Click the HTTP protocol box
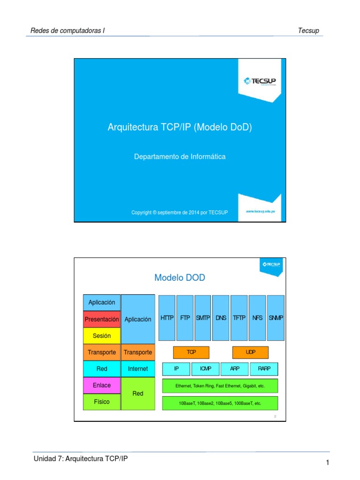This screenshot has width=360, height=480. [x=167, y=317]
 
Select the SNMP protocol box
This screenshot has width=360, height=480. [x=276, y=317]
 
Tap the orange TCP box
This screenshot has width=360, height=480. [x=191, y=352]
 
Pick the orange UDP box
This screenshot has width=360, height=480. [x=250, y=352]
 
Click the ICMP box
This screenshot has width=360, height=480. [x=205, y=369]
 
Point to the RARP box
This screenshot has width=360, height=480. [x=264, y=369]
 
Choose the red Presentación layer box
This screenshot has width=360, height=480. [x=102, y=319]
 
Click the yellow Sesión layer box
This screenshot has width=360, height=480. [x=102, y=336]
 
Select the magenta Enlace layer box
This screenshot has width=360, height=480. [x=102, y=385]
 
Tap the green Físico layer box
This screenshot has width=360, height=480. [x=102, y=402]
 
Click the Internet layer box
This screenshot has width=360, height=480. [x=138, y=369]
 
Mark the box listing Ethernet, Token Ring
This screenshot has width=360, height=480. [x=220, y=386]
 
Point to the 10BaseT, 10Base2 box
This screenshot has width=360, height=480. [x=220, y=403]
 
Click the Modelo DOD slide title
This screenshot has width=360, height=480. [x=180, y=278]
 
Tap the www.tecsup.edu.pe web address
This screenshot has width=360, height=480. [x=261, y=211]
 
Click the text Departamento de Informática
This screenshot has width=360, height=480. [x=180, y=157]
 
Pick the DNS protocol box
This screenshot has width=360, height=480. [x=221, y=317]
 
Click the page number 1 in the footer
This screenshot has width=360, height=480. [x=328, y=463]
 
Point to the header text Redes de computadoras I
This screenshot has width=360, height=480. [x=67, y=31]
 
